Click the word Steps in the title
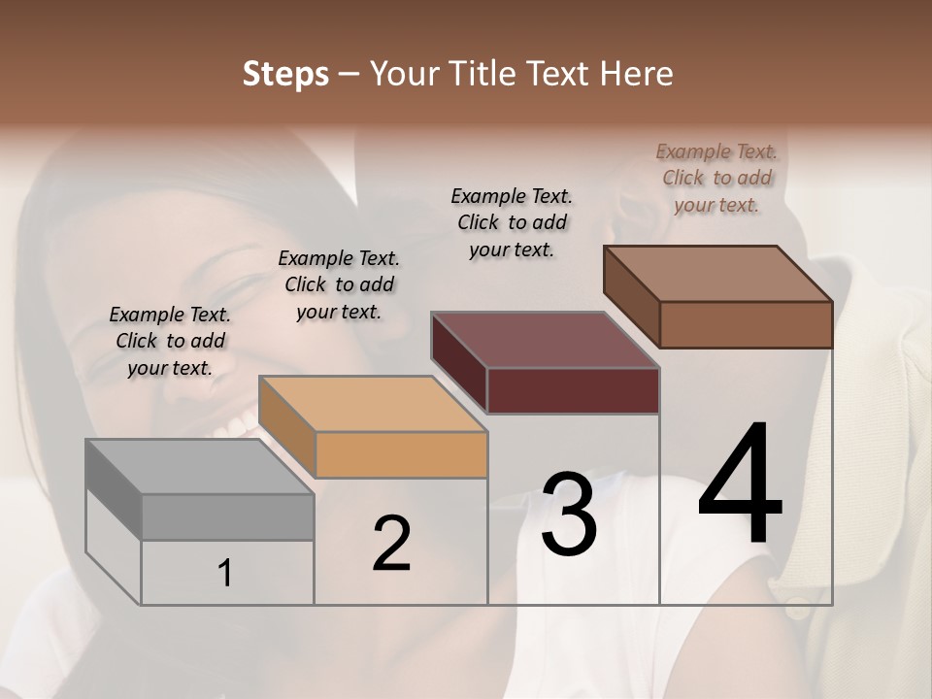pos(285,74)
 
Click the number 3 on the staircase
pos(569,515)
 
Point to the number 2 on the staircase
pos(391,544)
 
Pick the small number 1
pos(225,574)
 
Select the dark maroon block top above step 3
pos(545,340)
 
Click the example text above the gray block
pos(170,341)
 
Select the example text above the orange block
pos(339,284)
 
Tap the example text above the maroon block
pos(512,222)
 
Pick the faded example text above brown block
pos(716,178)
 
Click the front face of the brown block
pos(746,324)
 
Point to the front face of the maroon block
pos(573,390)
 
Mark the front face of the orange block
pos(401,454)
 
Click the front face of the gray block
pos(228,516)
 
